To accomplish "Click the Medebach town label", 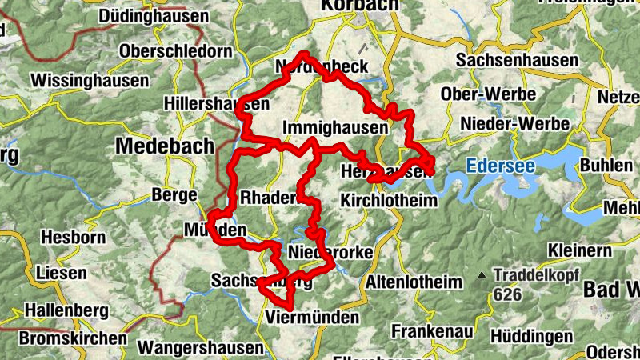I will pos(165,146).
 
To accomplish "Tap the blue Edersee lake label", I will pos(499,166).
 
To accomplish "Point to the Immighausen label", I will pos(335,128).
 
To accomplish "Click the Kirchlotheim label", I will pos(389,200).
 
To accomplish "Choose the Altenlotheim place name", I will pos(414,282).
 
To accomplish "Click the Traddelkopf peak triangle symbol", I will pos(482,275).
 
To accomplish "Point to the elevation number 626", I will pos(508,294).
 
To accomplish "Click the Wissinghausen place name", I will pos(90,81).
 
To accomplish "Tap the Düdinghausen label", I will pos(153,16).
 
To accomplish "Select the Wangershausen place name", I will pos(200,348).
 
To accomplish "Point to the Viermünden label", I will pos(312,317).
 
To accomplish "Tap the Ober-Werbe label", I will pos(488,94).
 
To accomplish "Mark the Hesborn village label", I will pos(74,237).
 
